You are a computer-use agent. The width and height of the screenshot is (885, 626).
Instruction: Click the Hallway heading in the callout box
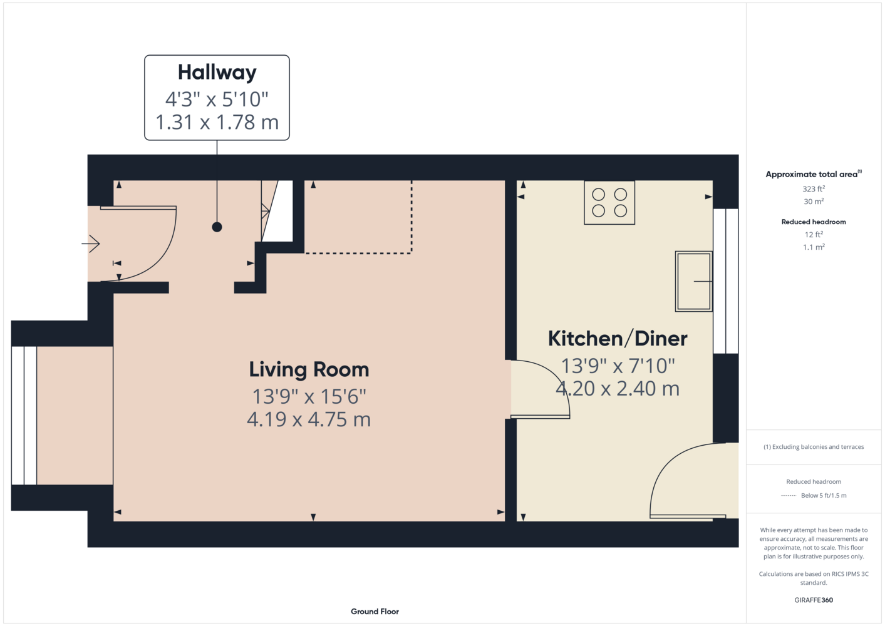pos(217,72)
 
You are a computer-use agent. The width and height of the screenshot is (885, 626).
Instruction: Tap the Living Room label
pos(309,370)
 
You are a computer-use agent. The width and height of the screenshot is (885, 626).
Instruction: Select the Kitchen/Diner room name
pos(618,339)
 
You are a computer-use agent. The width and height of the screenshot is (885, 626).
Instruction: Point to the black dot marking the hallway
pos(217,227)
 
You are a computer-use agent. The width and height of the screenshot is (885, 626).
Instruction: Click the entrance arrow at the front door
pos(91,244)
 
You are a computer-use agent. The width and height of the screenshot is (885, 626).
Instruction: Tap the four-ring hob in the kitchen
pos(609,203)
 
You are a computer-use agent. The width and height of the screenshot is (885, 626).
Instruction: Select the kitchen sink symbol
pos(693,281)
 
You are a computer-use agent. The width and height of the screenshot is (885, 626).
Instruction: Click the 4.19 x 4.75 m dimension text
pos(309,419)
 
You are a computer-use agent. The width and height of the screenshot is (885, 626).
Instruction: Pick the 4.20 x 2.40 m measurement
pos(618,389)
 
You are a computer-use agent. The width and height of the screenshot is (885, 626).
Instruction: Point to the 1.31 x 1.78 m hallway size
pos(217,122)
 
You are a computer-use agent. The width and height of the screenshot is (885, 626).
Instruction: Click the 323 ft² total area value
pos(814,189)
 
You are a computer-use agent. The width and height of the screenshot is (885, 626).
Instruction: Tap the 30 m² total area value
pos(814,202)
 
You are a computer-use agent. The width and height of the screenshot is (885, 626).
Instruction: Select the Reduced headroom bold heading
pos(814,222)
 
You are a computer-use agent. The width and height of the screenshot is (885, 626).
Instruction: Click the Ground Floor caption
pos(375,612)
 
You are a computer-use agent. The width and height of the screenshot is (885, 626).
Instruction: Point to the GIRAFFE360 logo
pos(814,600)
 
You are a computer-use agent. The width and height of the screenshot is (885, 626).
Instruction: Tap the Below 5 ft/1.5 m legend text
pos(824,495)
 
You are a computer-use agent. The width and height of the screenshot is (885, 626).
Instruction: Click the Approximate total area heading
pos(814,174)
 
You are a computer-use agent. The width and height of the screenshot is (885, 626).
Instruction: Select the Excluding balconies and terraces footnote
pos(814,447)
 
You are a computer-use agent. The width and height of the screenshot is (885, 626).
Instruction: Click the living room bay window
pos(24,416)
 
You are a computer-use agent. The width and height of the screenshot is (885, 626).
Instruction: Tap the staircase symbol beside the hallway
pos(277,211)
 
